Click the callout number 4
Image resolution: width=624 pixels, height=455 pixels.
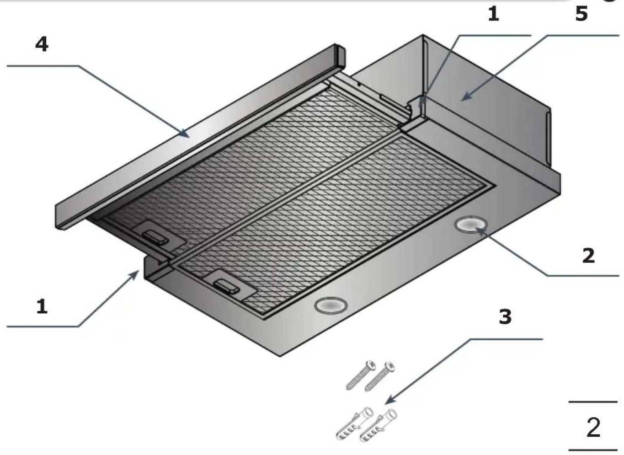(x=42, y=44)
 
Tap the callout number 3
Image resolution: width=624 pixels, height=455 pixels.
(x=505, y=317)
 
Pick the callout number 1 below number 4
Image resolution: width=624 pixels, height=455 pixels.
(x=42, y=306)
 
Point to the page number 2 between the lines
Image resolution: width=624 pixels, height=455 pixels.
(x=593, y=428)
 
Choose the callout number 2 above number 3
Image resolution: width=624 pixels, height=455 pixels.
(x=588, y=256)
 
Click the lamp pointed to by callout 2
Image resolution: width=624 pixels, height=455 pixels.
(x=471, y=225)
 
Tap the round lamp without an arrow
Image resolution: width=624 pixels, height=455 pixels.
(x=331, y=305)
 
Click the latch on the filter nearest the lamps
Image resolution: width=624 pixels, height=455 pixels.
(x=226, y=287)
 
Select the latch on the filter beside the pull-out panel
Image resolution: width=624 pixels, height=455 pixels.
(x=155, y=238)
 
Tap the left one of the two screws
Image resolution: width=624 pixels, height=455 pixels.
(x=361, y=375)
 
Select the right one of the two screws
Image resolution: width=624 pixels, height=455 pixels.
(x=380, y=376)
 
